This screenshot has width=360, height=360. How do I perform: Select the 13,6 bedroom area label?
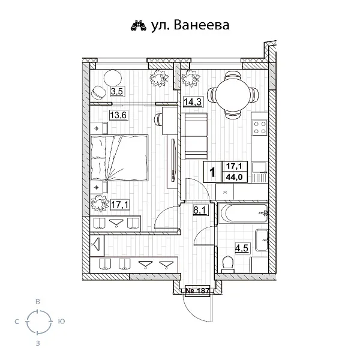tap(118, 115)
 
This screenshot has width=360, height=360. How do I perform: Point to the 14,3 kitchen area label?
tap(192, 102)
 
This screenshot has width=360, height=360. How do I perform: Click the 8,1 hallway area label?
tap(200, 211)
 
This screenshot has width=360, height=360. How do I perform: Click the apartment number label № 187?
tap(197, 290)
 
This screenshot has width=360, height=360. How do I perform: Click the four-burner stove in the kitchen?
tap(260, 128)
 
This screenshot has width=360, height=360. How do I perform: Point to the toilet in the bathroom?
tap(227, 262)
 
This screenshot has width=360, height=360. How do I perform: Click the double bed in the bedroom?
tap(119, 157)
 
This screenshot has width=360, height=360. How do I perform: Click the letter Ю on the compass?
tap(61, 322)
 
